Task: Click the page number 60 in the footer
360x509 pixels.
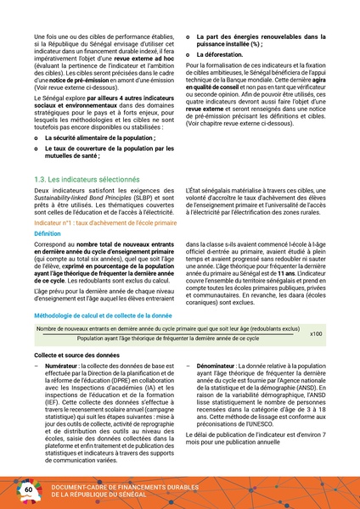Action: point(28,490)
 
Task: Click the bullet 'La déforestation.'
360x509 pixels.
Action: point(220,53)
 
